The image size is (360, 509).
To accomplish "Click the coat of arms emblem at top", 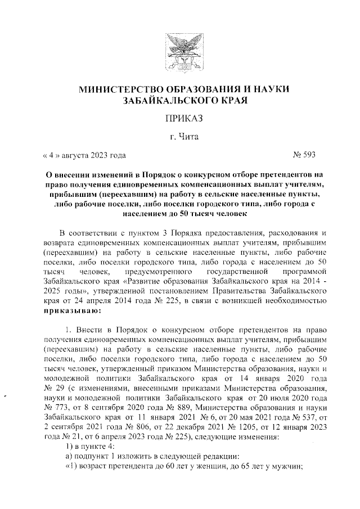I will click(x=179, y=50).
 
